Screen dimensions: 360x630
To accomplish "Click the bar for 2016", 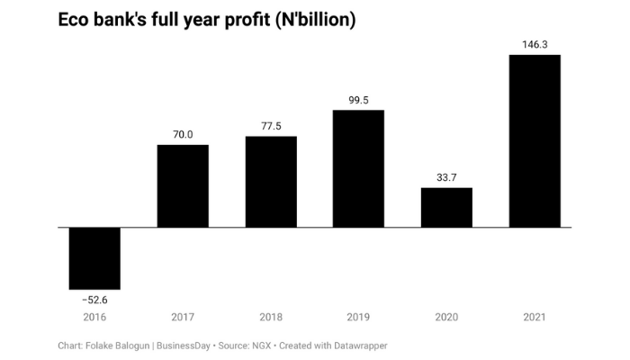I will pyautogui.click(x=94, y=257).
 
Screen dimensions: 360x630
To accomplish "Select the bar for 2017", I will pyautogui.click(x=183, y=185).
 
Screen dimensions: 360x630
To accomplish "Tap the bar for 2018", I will pyautogui.click(x=271, y=181).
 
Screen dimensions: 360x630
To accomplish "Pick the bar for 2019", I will pyautogui.click(x=358, y=168).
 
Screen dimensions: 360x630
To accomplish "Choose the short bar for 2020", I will pyautogui.click(x=446, y=207).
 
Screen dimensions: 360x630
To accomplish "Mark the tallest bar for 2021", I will pyautogui.click(x=535, y=140).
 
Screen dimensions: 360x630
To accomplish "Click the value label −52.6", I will pyautogui.click(x=94, y=299).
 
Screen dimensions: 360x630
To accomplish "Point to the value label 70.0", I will pyautogui.click(x=183, y=134).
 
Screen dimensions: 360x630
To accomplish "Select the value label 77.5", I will pyautogui.click(x=271, y=126).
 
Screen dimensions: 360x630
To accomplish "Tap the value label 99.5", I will pyautogui.click(x=358, y=100).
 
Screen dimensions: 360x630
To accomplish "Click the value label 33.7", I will pyautogui.click(x=446, y=177).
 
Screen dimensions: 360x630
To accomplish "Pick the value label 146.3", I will pyautogui.click(x=535, y=44).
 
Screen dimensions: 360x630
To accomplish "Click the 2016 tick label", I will pyautogui.click(x=94, y=317).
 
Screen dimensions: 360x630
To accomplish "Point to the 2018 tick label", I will pyautogui.click(x=271, y=317).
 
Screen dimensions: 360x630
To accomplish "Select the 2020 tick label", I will pyautogui.click(x=446, y=317).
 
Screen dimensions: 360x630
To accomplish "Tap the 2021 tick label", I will pyautogui.click(x=535, y=317).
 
